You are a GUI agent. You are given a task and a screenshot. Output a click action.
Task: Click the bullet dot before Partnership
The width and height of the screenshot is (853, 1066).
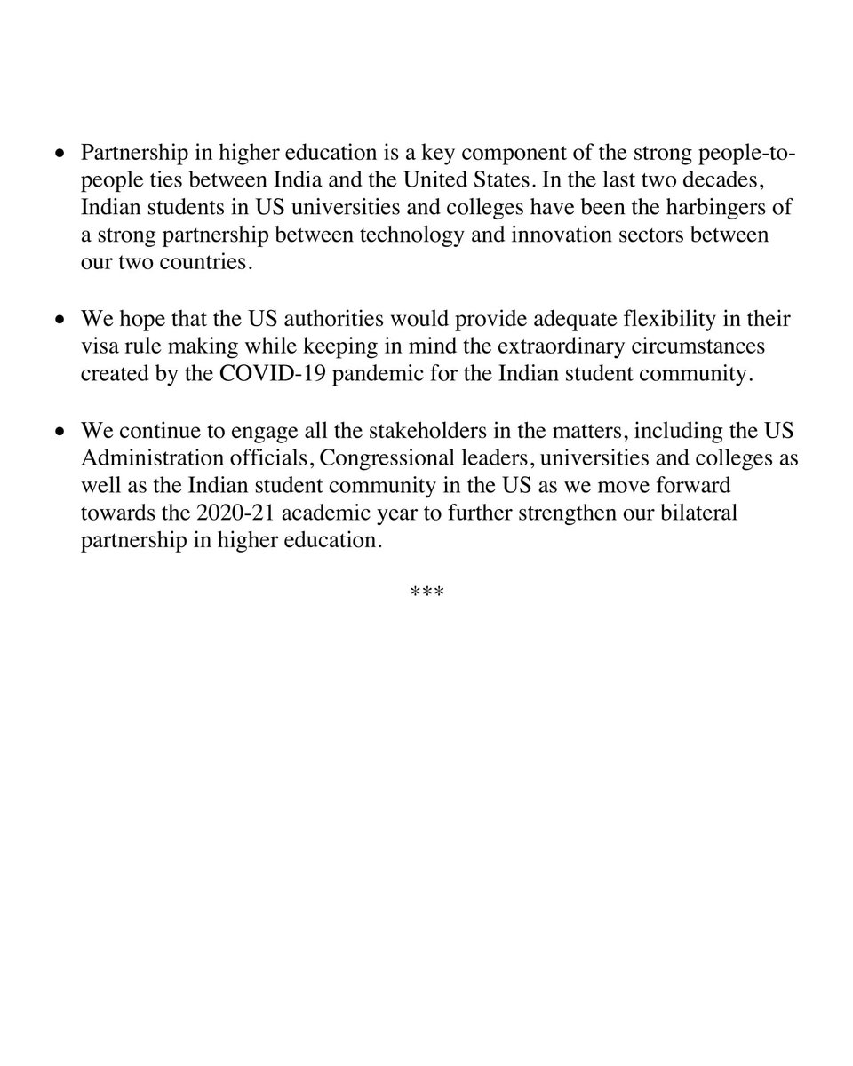tap(60, 155)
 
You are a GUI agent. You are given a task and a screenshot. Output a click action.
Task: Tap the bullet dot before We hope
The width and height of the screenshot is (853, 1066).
tap(60, 320)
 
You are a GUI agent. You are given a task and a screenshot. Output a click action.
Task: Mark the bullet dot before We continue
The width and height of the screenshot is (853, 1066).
tap(60, 432)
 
